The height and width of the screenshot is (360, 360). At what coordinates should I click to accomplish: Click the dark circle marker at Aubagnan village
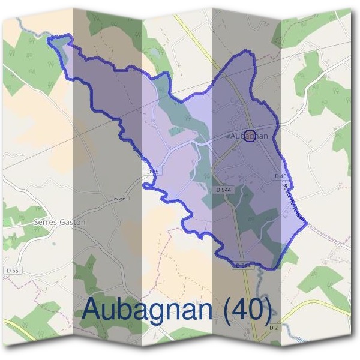251,135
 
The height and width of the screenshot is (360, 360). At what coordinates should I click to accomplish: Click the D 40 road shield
280,176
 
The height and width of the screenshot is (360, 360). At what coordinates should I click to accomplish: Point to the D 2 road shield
273,327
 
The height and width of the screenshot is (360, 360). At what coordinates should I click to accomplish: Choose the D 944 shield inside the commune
223,190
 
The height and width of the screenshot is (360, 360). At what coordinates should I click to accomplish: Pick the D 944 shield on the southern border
242,265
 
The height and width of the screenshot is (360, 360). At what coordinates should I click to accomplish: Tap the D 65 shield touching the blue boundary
153,172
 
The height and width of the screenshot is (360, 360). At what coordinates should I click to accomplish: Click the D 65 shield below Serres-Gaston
12,271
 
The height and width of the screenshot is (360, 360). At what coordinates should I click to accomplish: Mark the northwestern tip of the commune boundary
49,40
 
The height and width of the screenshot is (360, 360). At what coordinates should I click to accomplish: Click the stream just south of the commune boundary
259,277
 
